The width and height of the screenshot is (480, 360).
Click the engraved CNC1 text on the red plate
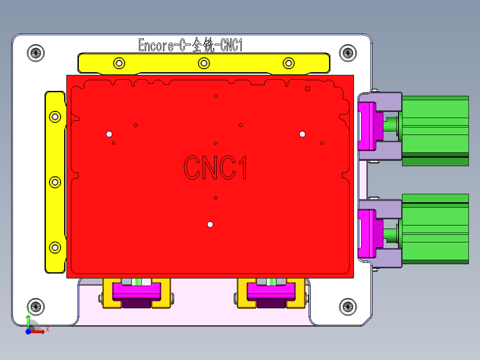[215, 168]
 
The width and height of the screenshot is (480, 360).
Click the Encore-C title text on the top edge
[190, 45]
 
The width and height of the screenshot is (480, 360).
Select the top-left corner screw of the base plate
[36, 53]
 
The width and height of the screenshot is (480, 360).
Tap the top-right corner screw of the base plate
[348, 53]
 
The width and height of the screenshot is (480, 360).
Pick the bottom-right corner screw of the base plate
[348, 306]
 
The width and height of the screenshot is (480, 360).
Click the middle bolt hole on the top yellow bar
[203, 63]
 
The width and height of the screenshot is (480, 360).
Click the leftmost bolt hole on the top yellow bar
[118, 63]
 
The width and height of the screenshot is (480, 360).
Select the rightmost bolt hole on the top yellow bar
[289, 63]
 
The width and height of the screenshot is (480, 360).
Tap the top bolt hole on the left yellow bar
[55, 117]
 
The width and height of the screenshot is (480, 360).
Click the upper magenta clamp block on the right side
[368, 126]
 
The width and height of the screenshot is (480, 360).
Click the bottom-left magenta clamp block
[136, 292]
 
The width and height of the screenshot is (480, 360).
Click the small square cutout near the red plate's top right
[307, 89]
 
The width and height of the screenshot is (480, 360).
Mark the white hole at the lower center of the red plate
[210, 225]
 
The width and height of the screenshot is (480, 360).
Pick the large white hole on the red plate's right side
[302, 134]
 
